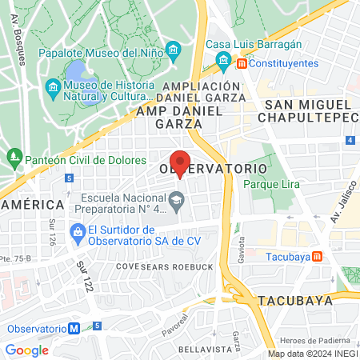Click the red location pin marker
point(180,162)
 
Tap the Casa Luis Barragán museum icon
point(223,62)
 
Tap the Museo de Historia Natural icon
point(53,86)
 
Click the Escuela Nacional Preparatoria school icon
point(180,198)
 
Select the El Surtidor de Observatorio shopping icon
point(77,234)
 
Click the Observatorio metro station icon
point(74,328)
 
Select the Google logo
point(26,350)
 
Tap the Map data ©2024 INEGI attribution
point(312,354)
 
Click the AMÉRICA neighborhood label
point(32,204)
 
